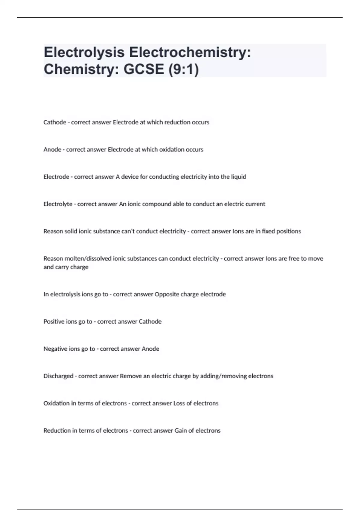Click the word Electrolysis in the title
pos(84,52)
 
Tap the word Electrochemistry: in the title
pos(190,52)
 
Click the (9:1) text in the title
pos(184,69)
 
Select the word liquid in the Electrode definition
pos(238,177)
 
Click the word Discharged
pos(58,376)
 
